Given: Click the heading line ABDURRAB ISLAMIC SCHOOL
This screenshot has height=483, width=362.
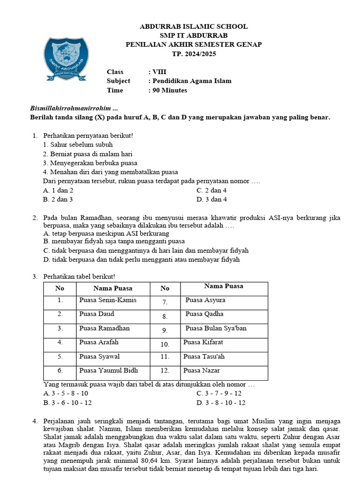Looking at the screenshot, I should pyautogui.click(x=193, y=26).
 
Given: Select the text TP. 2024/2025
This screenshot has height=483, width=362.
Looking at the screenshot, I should pyautogui.click(x=193, y=54).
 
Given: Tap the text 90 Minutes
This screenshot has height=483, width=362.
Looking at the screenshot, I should pyautogui.click(x=169, y=90).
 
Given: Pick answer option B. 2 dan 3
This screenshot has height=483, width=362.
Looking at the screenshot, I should pyautogui.click(x=58, y=200).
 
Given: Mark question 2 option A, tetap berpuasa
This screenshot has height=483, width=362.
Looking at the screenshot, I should pyautogui.click(x=106, y=233).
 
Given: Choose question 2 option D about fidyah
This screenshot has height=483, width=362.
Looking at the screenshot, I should pyautogui.click(x=141, y=259).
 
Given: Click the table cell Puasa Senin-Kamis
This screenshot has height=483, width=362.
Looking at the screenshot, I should pyautogui.click(x=108, y=300).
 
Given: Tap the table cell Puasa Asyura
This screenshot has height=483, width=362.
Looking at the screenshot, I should pyautogui.click(x=206, y=300).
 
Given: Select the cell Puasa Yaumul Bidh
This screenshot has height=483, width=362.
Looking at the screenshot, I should pyautogui.click(x=109, y=371).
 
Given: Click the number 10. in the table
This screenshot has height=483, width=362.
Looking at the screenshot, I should pyautogui.click(x=165, y=344).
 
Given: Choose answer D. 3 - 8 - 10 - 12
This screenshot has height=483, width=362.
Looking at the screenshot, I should pyautogui.click(x=221, y=403).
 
